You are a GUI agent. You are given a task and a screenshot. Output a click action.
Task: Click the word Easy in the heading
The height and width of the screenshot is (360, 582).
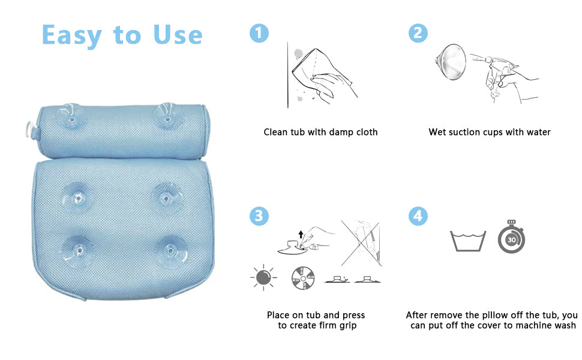point(71,35)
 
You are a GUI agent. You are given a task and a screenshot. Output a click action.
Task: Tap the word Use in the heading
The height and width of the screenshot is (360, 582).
point(178,35)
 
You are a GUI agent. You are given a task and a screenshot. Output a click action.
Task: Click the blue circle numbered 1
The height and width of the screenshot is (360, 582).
point(259,33)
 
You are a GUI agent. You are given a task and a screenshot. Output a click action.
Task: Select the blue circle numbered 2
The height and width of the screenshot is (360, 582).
point(418,33)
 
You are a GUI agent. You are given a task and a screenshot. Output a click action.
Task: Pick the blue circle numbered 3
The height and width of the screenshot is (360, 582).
point(259,216)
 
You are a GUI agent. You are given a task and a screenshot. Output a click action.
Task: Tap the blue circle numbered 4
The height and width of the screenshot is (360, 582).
point(418,216)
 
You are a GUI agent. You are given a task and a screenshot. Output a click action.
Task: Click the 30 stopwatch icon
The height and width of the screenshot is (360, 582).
point(511,237)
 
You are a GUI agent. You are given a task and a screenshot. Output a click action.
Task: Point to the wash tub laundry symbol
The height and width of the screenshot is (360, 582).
point(468,241)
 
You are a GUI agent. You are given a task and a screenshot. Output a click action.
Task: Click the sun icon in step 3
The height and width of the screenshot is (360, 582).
point(263,278)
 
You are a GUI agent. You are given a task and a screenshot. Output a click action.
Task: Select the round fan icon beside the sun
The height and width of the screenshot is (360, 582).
point(303,278)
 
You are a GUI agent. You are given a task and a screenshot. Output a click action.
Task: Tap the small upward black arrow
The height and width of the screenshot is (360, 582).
point(301,235)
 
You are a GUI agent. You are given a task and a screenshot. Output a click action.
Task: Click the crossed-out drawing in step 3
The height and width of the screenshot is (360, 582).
point(361,244)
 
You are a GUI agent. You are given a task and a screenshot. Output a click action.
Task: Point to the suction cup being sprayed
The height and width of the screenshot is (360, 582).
point(451,62)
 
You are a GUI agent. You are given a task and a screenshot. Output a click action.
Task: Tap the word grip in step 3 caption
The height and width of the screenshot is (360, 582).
point(348,326)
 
